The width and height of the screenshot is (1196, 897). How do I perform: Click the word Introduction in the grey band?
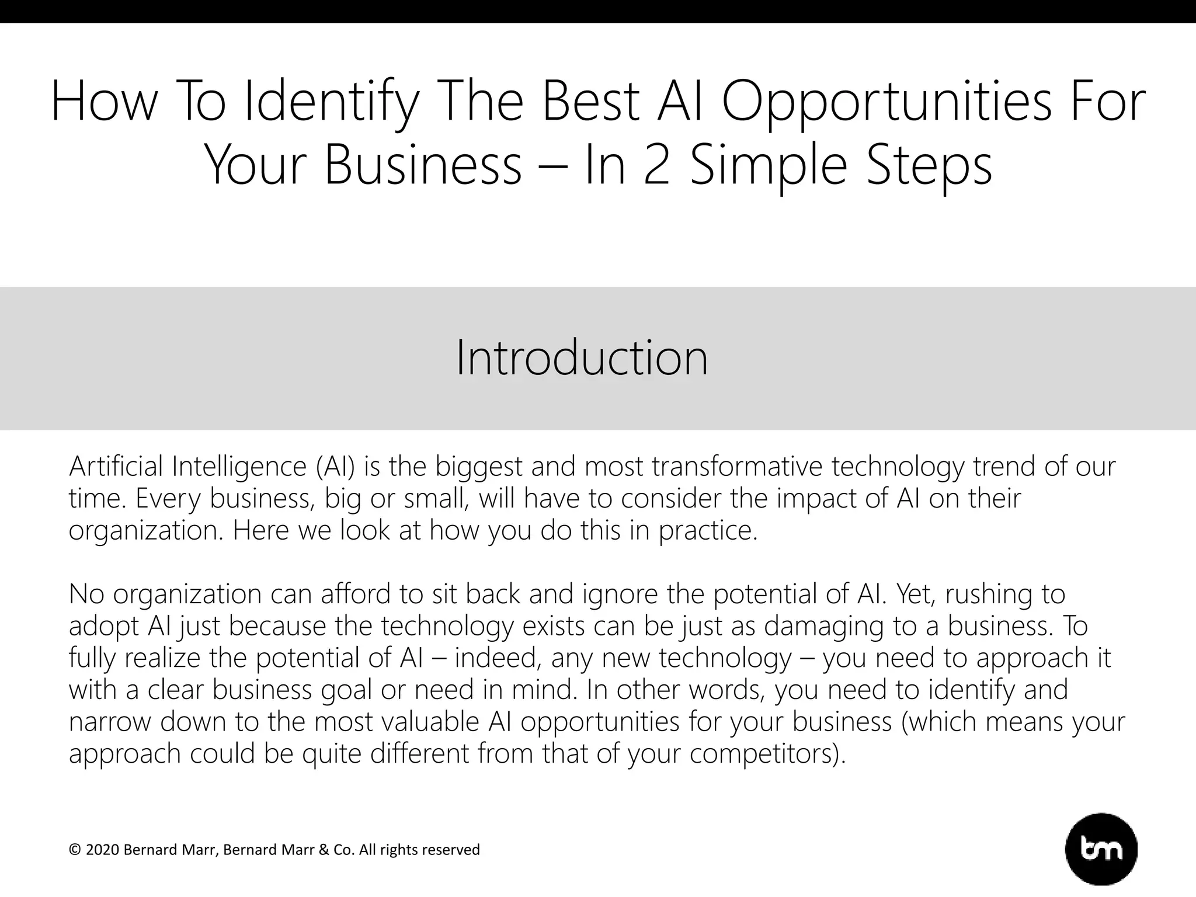[582, 357]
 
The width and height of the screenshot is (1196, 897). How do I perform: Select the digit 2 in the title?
[658, 165]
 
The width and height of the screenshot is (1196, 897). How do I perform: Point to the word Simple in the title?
[769, 166]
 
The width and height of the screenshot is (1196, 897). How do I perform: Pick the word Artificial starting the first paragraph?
[116, 467]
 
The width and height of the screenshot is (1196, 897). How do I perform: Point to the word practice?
[707, 531]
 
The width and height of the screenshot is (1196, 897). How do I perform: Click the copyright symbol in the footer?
[74, 850]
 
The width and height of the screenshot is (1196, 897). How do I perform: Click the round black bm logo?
[1101, 850]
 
